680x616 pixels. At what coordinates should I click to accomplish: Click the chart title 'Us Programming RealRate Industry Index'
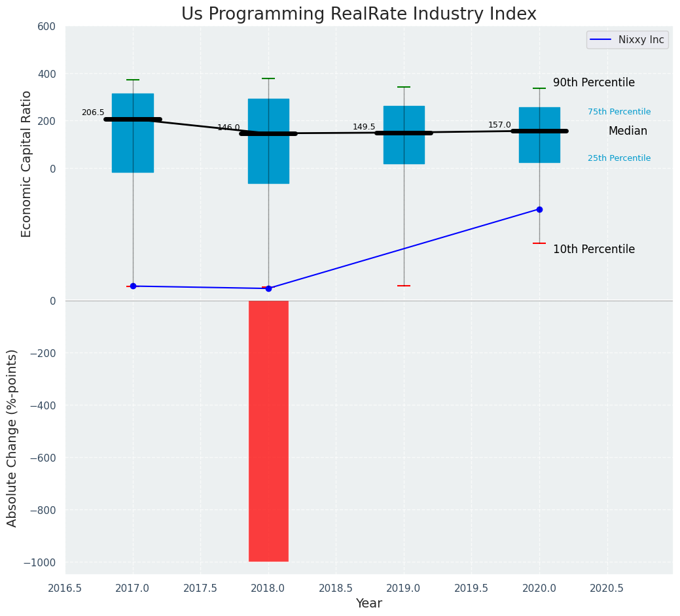pos(359,14)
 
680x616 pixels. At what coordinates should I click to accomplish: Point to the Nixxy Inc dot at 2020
pos(539,209)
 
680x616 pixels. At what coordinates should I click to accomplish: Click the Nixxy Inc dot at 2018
pos(268,288)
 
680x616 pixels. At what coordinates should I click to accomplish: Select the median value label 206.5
pos(93,112)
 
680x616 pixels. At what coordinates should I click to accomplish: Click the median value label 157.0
pos(499,125)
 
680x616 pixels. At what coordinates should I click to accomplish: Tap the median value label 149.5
pos(364,127)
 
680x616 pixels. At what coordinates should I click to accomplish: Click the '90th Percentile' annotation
pos(594,83)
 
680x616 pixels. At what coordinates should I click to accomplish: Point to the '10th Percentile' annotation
pos(594,249)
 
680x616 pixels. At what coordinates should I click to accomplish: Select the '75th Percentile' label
pos(619,112)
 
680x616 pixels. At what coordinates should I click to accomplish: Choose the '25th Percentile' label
pos(619,158)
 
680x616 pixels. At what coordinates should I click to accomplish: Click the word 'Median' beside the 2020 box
pos(628,131)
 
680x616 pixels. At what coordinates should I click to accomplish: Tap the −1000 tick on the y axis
pos(39,562)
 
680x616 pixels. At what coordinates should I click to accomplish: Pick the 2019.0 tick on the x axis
pos(404,588)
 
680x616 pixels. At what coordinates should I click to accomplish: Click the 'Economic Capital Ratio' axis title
pos(27,163)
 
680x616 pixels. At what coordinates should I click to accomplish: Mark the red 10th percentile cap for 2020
pos(539,243)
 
